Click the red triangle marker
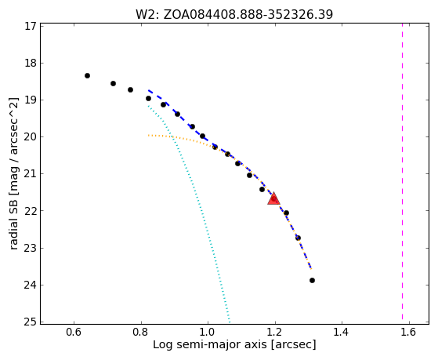[x=273, y=198]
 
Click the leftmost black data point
[x=87, y=75]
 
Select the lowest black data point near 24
[x=312, y=280]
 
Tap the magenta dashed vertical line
[x=402, y=172]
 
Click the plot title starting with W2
[x=234, y=14]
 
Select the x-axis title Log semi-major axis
[x=234, y=344]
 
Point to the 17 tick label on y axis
[x=31, y=26]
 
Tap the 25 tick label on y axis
[x=31, y=322]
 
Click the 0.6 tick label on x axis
[x=74, y=332]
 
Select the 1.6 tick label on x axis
[x=409, y=332]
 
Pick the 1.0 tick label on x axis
[x=208, y=332]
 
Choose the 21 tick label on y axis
[x=31, y=173]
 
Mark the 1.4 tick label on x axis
[x=342, y=332]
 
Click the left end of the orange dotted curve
[x=148, y=136]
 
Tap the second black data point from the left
[x=113, y=83]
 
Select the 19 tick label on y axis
[x=31, y=100]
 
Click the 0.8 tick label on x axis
[x=141, y=332]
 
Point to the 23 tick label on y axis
[x=31, y=248]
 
